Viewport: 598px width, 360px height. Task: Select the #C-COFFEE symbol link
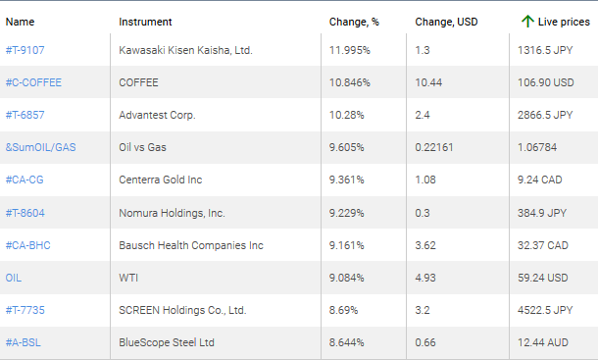[x=33, y=82]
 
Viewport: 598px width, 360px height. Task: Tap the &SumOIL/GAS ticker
[x=40, y=147]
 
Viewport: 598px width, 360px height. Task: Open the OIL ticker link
[x=14, y=278]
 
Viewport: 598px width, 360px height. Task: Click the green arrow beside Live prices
[x=527, y=21]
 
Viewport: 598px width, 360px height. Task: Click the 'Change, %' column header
[x=353, y=22]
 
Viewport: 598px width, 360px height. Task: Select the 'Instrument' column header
[x=145, y=22]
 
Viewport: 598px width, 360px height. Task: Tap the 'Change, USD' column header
[x=446, y=22]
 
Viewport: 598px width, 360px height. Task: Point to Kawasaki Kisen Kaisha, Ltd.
[x=185, y=50]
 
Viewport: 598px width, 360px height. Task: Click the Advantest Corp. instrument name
[x=157, y=115]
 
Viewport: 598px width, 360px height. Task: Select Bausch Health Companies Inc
[x=191, y=245]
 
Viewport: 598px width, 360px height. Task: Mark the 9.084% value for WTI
[x=348, y=278]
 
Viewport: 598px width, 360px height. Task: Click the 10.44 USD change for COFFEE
[x=428, y=82]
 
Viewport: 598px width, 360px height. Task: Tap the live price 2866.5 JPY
[x=545, y=115]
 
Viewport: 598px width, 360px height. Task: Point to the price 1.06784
[x=537, y=147]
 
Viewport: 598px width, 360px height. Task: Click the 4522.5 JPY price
[x=545, y=310]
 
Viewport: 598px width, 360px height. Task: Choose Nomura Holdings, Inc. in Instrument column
[x=172, y=213]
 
